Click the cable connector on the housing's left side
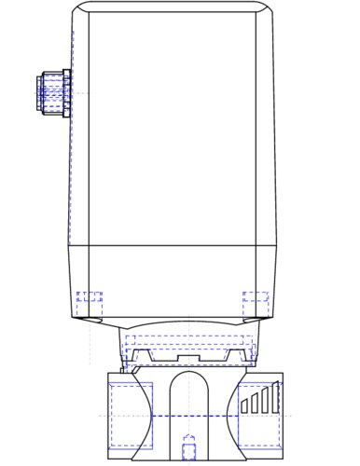point(51,92)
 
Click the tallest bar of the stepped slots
point(275,398)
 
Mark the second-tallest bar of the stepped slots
point(265,401)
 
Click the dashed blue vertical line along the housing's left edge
point(72,140)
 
